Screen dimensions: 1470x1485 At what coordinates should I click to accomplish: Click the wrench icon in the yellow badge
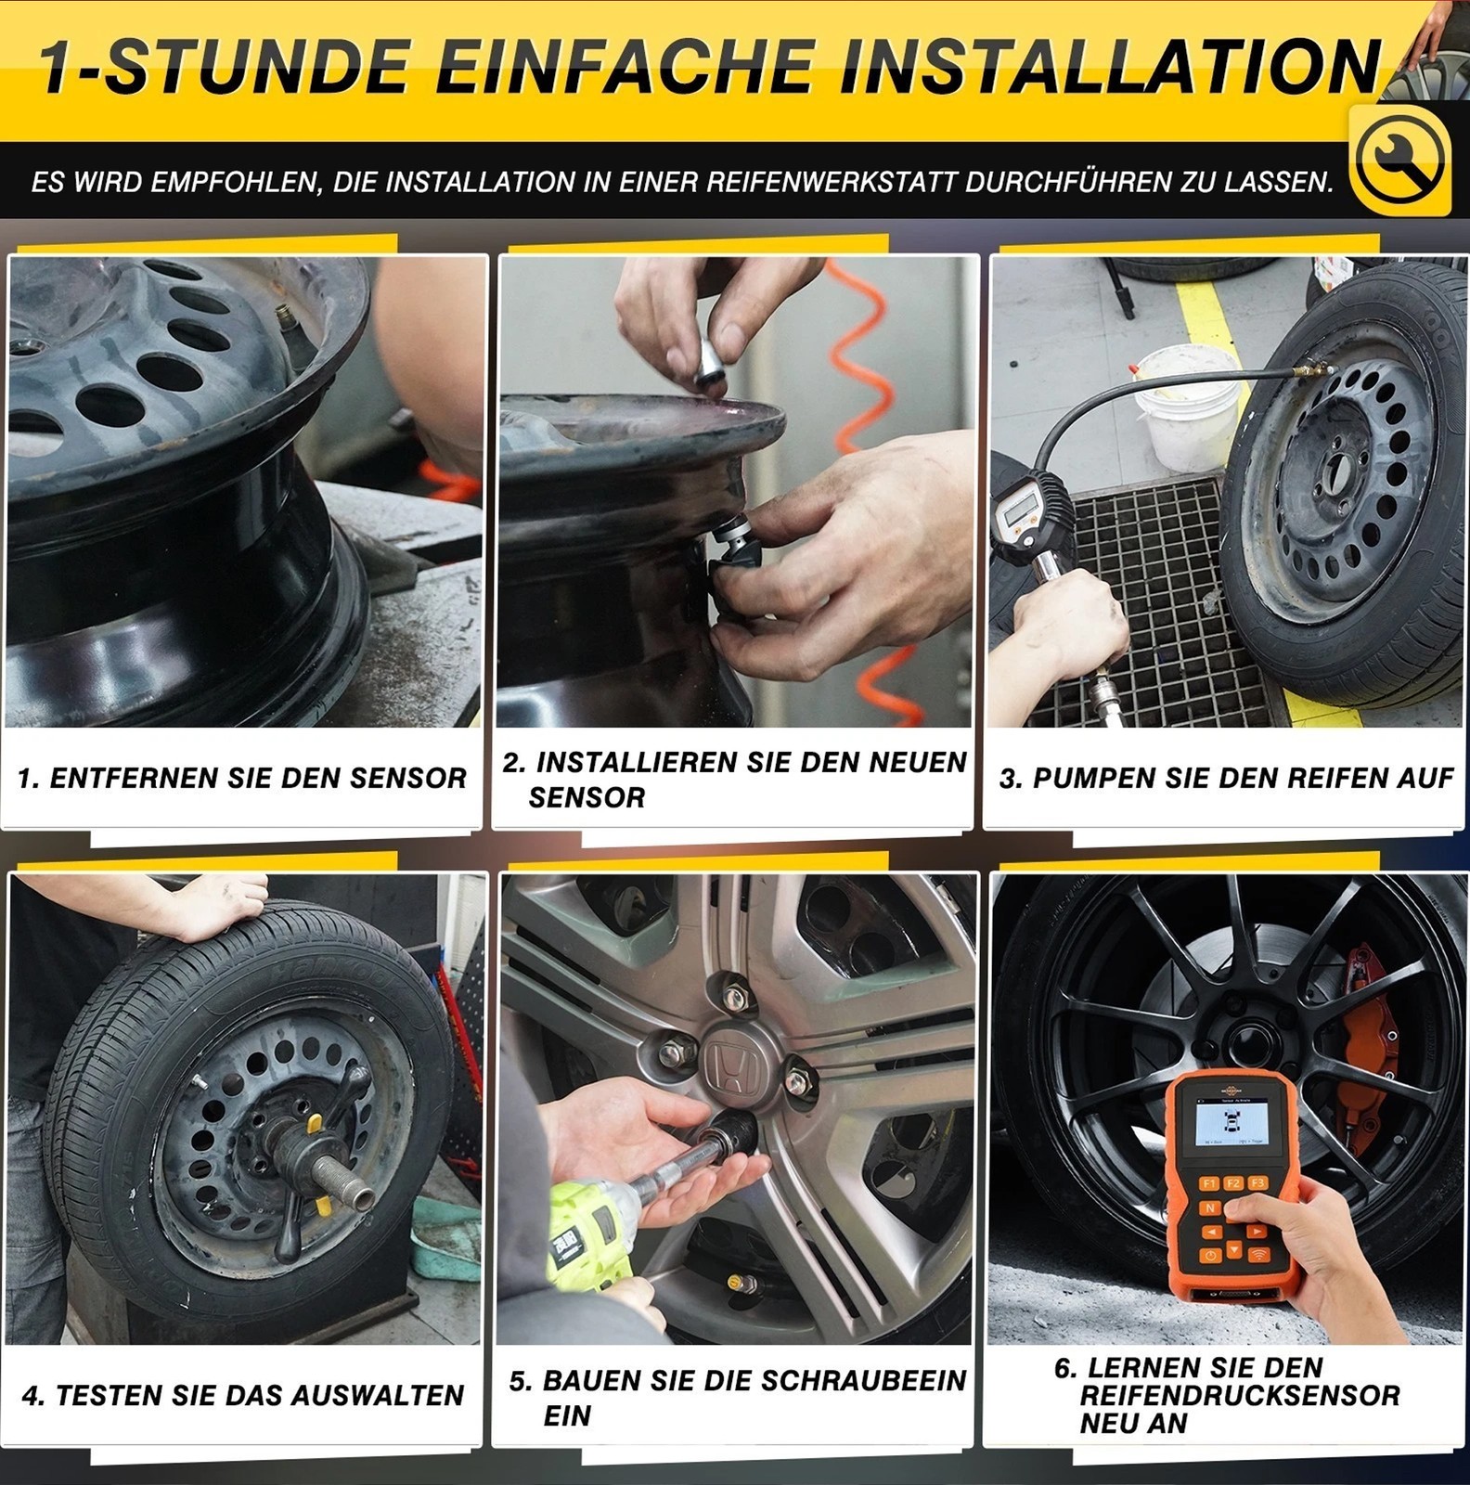[1399, 160]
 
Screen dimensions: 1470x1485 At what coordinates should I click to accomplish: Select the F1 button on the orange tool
[1208, 1183]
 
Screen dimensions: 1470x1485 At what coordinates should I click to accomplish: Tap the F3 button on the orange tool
[1257, 1182]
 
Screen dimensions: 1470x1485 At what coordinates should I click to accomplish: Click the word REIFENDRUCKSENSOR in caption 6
[1240, 1395]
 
